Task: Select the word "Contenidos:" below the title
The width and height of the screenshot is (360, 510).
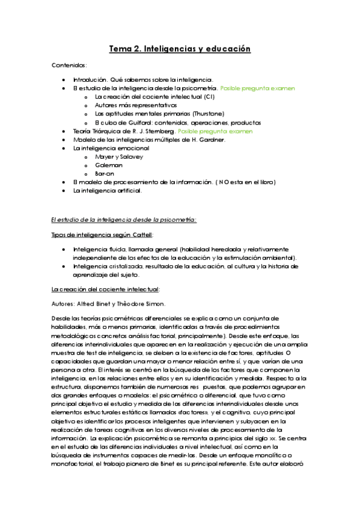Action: (69, 65)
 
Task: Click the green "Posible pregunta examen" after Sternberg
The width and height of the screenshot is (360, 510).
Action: (215, 131)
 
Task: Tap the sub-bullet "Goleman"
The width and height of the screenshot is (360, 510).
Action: (109, 165)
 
